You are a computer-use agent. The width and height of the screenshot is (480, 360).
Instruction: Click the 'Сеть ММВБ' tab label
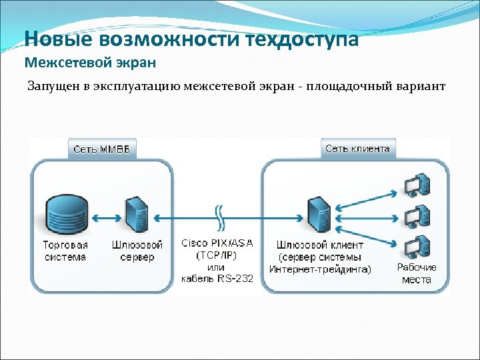[101, 149]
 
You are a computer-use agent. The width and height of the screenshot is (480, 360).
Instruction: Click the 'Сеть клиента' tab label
[357, 148]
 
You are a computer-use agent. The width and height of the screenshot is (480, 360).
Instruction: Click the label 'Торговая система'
[65, 251]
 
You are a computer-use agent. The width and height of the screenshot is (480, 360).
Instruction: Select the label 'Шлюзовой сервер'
[137, 251]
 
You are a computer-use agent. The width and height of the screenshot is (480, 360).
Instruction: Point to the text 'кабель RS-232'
[217, 279]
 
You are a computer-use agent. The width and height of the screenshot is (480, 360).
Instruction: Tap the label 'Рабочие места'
[417, 273]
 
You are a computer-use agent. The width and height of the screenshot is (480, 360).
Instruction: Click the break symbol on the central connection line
[218, 217]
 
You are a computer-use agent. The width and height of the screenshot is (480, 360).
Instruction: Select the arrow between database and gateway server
[103, 217]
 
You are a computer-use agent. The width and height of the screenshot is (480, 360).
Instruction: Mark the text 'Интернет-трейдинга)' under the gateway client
[321, 269]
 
